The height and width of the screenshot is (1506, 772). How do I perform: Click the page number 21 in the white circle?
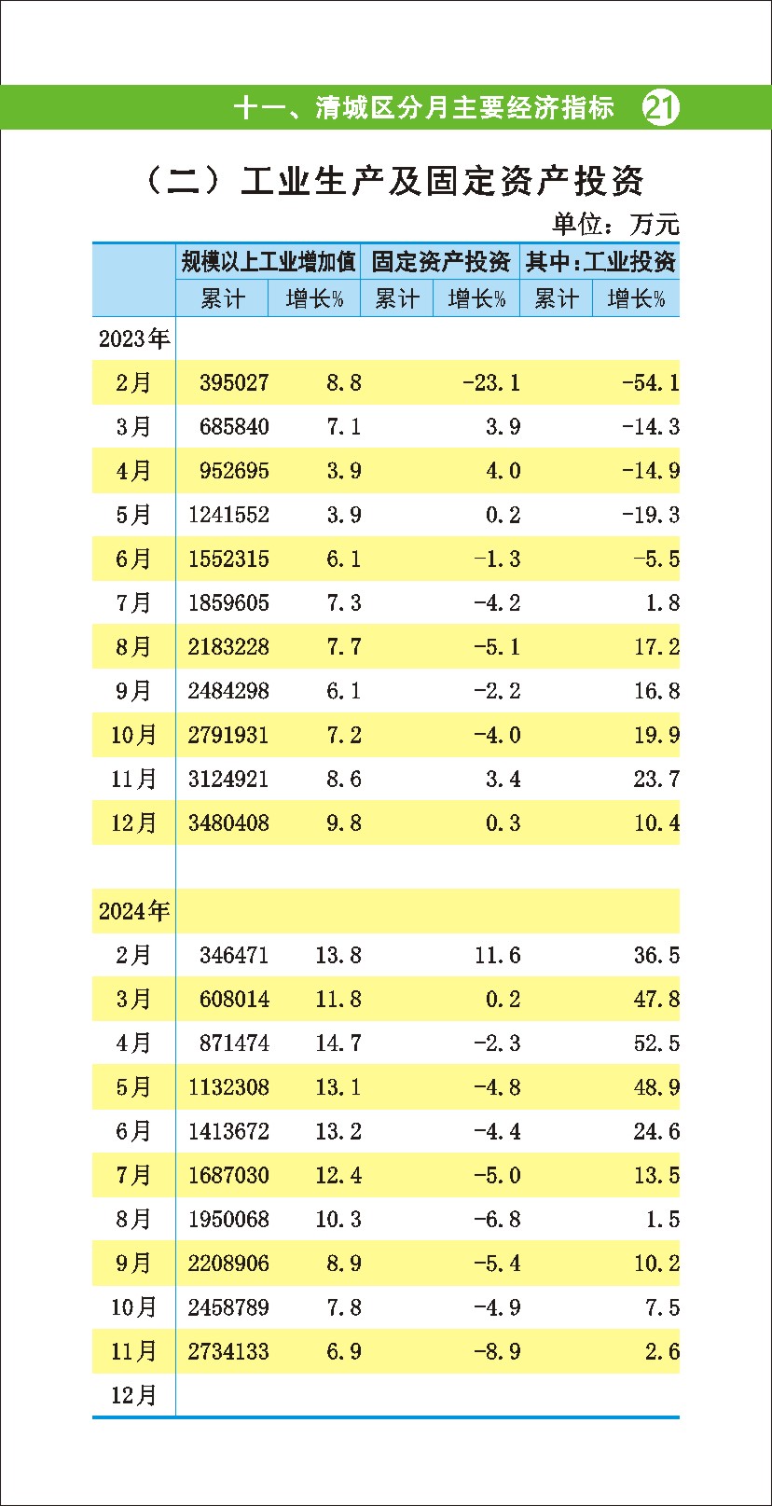(x=661, y=108)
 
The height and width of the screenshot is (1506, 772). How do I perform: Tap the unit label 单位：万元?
(x=615, y=224)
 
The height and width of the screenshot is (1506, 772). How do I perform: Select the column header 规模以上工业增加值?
(x=269, y=262)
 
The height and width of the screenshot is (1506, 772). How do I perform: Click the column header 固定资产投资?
(x=440, y=262)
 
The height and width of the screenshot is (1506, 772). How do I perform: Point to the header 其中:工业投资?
(x=600, y=262)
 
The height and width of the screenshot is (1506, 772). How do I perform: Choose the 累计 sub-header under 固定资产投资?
(x=397, y=299)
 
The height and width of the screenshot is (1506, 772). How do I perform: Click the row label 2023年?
(x=134, y=339)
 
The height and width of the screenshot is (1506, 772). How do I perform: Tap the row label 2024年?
(x=134, y=911)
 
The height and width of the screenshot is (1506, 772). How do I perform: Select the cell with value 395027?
(x=234, y=383)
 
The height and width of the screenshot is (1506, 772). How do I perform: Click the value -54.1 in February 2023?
(x=651, y=383)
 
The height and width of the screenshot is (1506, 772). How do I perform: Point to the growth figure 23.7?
(x=656, y=780)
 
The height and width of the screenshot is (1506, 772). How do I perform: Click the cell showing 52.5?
(x=656, y=1043)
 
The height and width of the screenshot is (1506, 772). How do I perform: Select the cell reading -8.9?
(x=497, y=1352)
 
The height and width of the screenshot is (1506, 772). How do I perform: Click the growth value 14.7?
(x=338, y=1043)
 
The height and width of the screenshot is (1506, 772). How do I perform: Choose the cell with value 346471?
(x=234, y=956)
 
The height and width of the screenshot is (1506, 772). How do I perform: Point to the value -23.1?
(x=491, y=383)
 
